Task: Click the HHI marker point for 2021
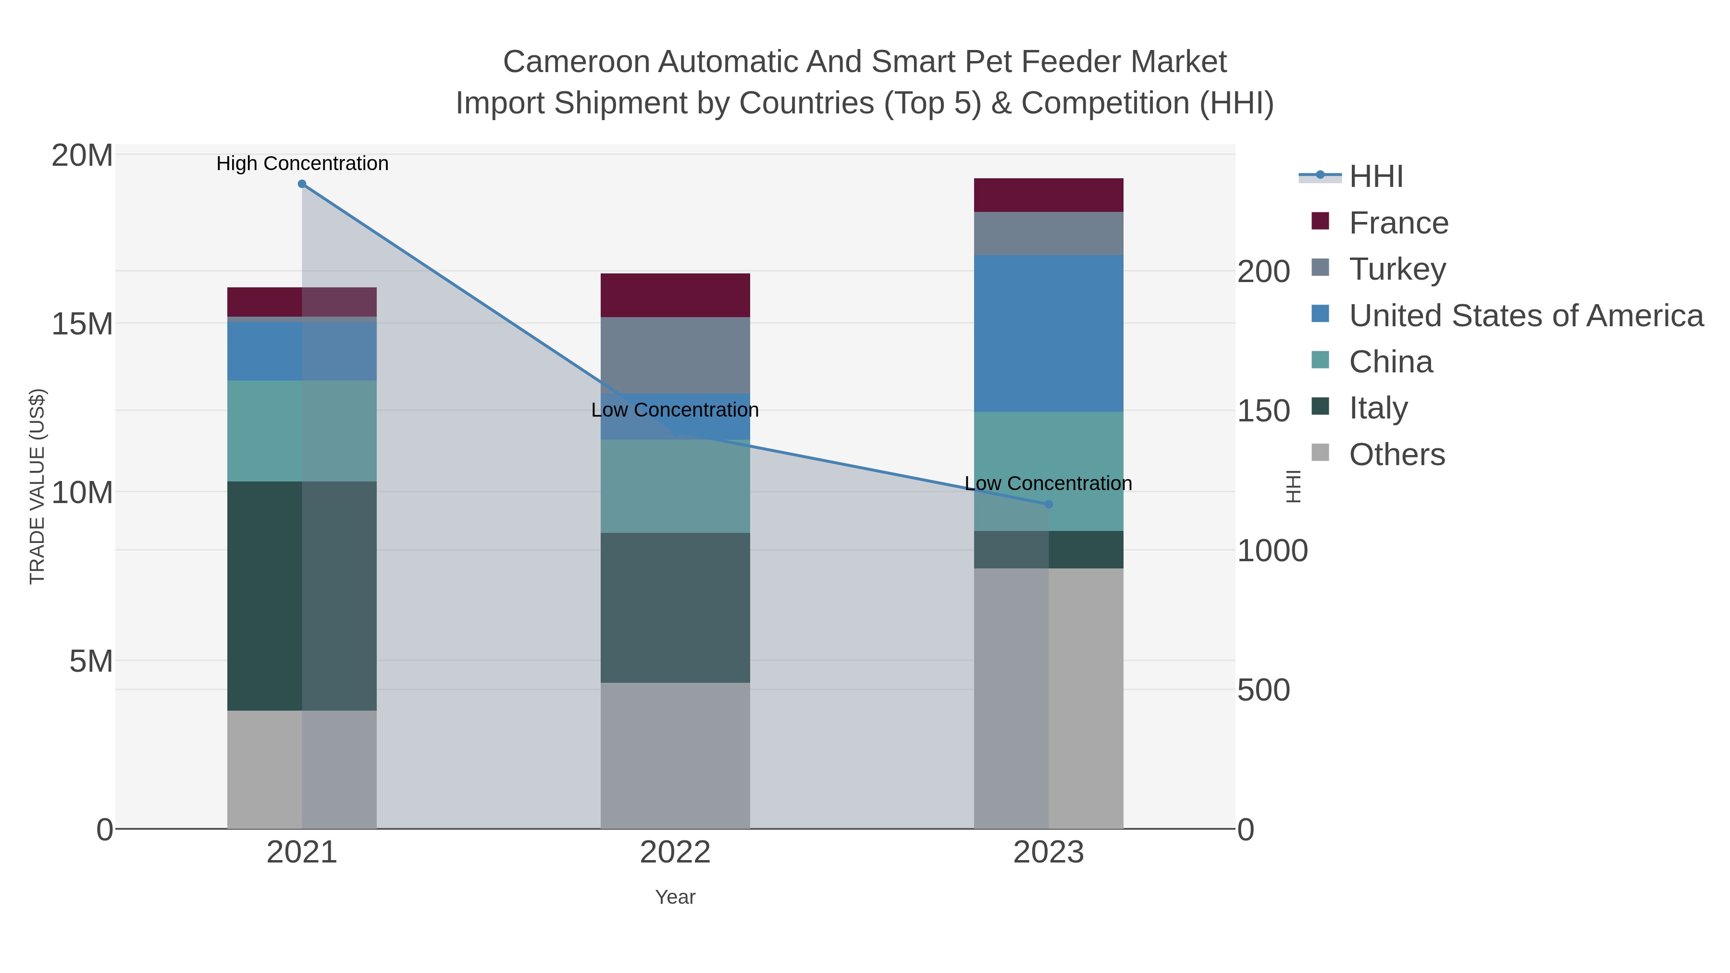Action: (x=302, y=184)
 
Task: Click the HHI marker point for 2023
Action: (x=1049, y=505)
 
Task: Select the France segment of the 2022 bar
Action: (x=675, y=295)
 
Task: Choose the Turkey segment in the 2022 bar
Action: (x=675, y=355)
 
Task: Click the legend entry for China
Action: (x=1390, y=362)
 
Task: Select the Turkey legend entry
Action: (x=1397, y=269)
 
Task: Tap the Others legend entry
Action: (x=1397, y=455)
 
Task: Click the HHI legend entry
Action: (x=1375, y=177)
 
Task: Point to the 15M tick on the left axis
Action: (x=82, y=324)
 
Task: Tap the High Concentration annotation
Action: (x=302, y=163)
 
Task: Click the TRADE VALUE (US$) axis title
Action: (x=37, y=486)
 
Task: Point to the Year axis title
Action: (x=675, y=897)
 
